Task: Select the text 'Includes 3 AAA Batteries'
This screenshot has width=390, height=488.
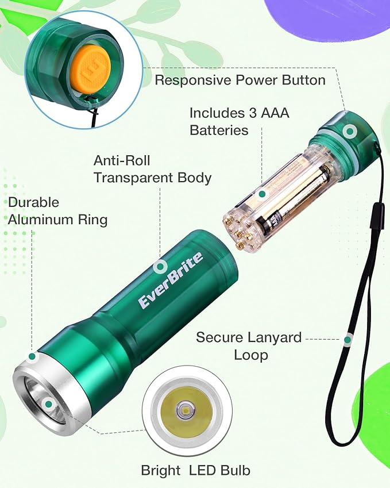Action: pyautogui.click(x=239, y=121)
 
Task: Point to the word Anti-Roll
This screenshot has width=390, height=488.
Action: pyautogui.click(x=122, y=160)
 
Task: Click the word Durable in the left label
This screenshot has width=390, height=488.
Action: pyautogui.click(x=33, y=202)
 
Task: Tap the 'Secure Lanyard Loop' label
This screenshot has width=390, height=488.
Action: pyautogui.click(x=249, y=345)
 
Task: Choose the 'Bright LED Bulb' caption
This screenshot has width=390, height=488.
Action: pyautogui.click(x=196, y=470)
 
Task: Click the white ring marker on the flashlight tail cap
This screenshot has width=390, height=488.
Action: pyautogui.click(x=348, y=132)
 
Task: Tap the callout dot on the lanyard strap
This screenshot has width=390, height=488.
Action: pyautogui.click(x=347, y=340)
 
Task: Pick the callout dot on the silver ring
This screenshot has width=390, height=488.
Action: pyautogui.click(x=33, y=356)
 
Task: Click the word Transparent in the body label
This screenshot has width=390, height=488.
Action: pyautogui.click(x=153, y=178)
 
